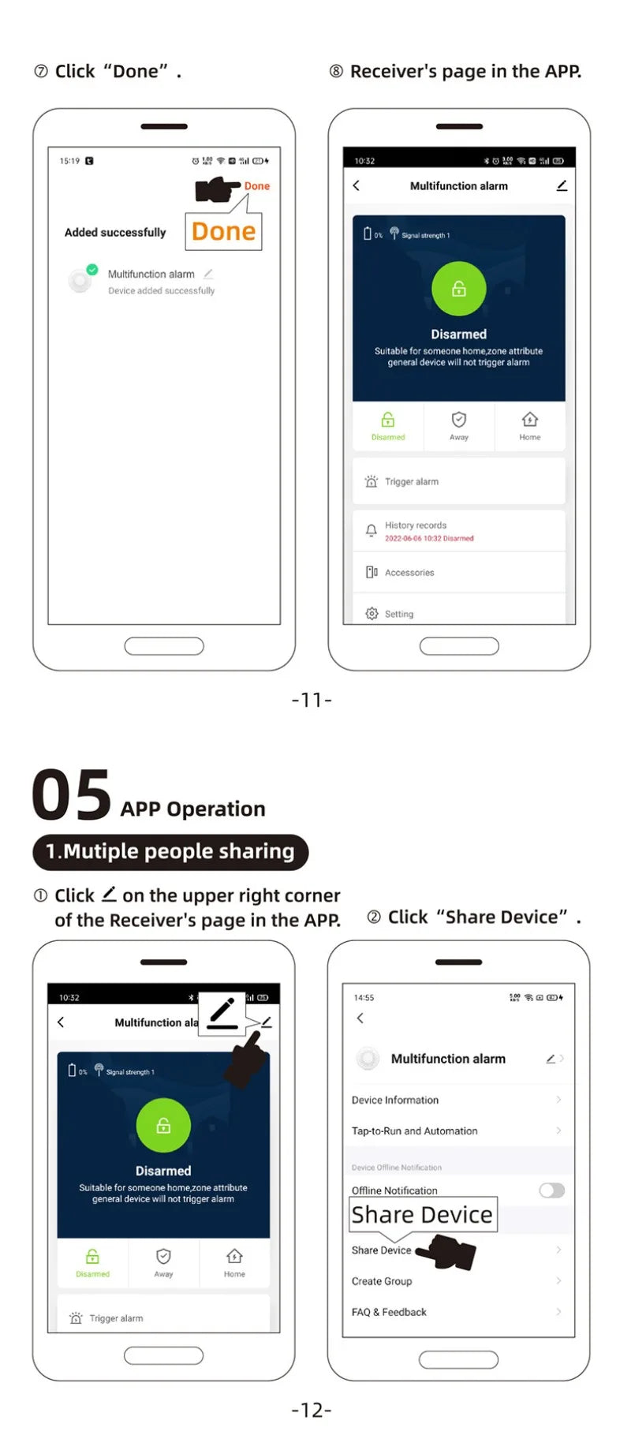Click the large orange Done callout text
[223, 231]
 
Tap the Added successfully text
[115, 232]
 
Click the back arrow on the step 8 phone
[357, 185]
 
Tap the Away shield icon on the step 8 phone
[459, 420]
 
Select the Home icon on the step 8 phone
[530, 420]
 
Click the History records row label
[416, 525]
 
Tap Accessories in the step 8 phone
[409, 573]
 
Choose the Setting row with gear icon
[399, 614]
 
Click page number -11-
[312, 700]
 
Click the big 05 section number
[72, 796]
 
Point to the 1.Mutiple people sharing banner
[170, 852]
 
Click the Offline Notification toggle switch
[551, 1190]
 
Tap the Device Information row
[395, 1100]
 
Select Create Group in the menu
[382, 1281]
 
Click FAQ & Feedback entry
[389, 1312]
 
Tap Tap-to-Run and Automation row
[415, 1130]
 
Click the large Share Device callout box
[423, 1215]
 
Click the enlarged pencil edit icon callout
[222, 1013]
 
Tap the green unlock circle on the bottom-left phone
[163, 1126]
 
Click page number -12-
[312, 1410]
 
